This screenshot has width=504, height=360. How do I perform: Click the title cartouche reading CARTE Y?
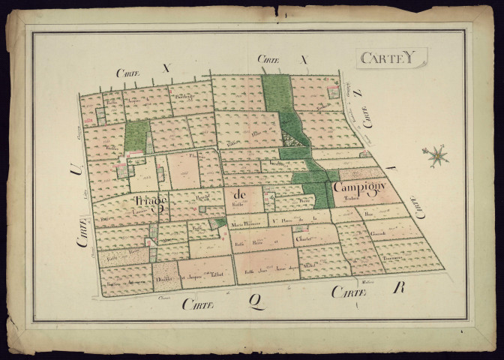(391, 58)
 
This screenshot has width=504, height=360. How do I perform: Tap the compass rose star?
(435, 156)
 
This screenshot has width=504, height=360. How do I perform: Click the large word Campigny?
(359, 187)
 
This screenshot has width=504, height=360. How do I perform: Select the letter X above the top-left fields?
(166, 68)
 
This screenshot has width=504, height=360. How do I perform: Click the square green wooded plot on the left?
(136, 136)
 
